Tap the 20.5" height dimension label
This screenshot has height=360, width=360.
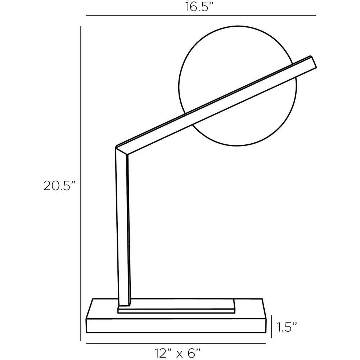60,186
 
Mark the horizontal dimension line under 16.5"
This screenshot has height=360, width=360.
201,16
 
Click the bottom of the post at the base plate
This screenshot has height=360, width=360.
125,302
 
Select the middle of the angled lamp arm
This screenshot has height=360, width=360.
216,104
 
